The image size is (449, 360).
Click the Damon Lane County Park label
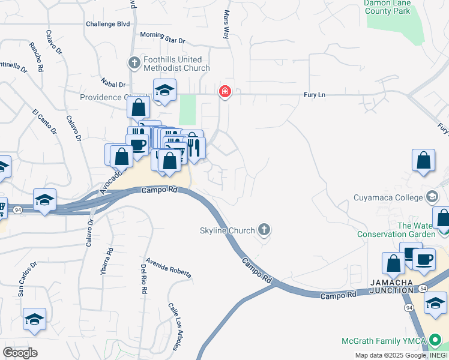click(388, 7)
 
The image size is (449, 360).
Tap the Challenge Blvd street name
click(107, 25)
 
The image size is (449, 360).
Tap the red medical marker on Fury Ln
click(224, 92)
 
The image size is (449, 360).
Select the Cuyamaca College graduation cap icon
click(432, 197)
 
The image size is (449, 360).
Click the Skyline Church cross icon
click(264, 230)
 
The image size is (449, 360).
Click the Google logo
click(20, 352)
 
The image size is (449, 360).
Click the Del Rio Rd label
click(144, 278)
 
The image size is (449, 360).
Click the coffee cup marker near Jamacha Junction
click(424, 259)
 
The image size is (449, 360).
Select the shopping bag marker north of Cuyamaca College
click(423, 160)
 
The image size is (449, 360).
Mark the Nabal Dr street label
click(113, 85)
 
